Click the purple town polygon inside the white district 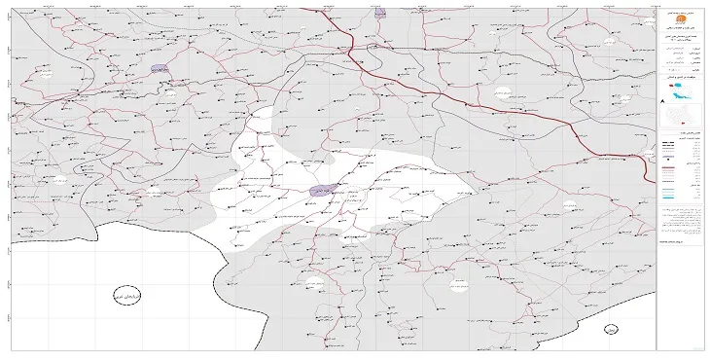pos(323,190)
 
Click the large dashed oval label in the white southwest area pos(126,296)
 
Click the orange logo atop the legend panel pos(678,19)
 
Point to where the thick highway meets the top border pos(308,8)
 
